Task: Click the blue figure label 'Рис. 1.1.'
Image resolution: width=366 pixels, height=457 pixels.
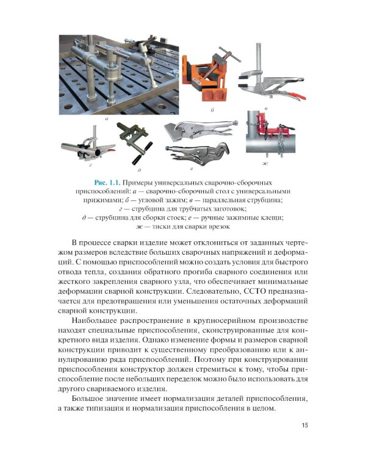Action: tap(109, 182)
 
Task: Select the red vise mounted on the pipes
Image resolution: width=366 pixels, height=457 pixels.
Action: tap(267, 119)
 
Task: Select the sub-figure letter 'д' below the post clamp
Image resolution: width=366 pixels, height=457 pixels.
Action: tap(140, 170)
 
